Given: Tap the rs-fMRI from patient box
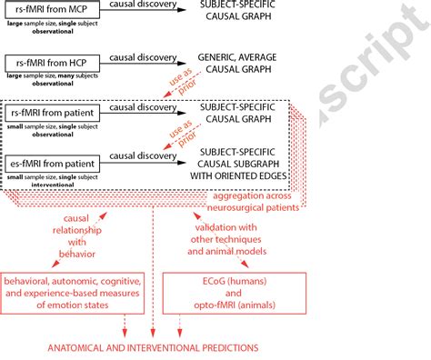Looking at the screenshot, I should [x=53, y=113].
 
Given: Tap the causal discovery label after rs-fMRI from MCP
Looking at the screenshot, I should [x=145, y=5].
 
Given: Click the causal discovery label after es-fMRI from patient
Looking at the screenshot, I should [x=149, y=155].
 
